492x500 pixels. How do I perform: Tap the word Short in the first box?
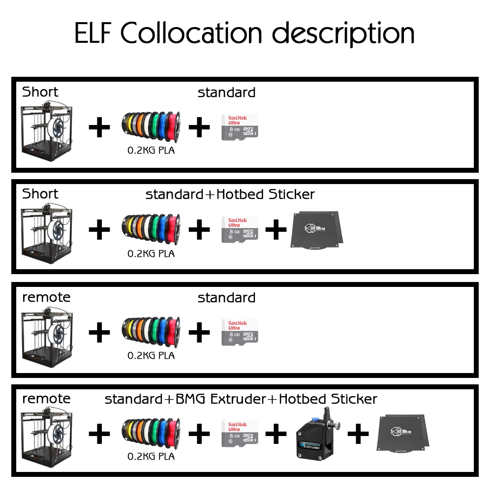click(40, 92)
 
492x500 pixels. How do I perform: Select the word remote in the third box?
click(46, 297)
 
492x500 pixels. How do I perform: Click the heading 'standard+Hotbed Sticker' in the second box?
click(230, 194)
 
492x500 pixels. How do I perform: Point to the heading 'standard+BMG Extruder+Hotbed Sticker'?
click(241, 399)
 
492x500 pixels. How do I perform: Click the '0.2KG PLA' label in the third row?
click(151, 355)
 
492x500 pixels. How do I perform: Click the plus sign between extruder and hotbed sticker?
click(358, 434)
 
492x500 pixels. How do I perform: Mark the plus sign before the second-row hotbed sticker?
click(276, 230)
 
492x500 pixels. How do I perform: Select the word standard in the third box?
click(226, 298)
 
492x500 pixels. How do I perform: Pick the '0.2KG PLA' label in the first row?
click(151, 150)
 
